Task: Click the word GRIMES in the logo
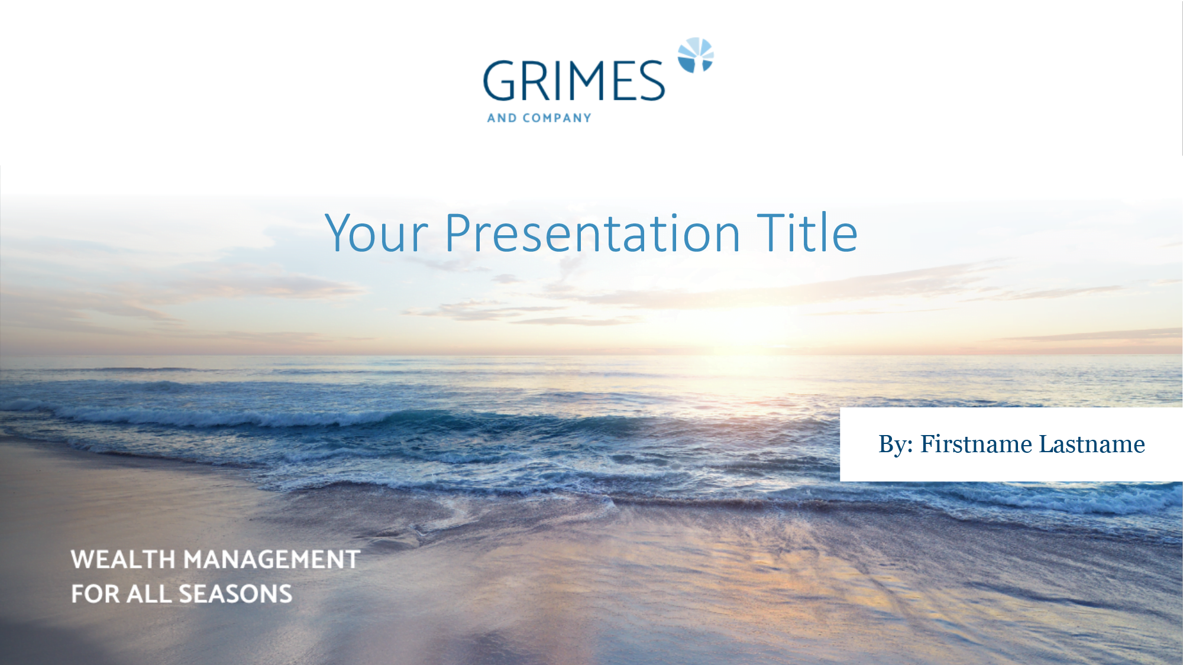(x=574, y=81)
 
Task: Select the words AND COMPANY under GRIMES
(x=539, y=118)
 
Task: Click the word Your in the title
(x=376, y=233)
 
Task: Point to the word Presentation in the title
(x=593, y=233)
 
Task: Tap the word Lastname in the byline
(x=1092, y=444)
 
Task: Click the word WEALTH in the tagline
(x=123, y=560)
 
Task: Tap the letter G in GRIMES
(x=500, y=81)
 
